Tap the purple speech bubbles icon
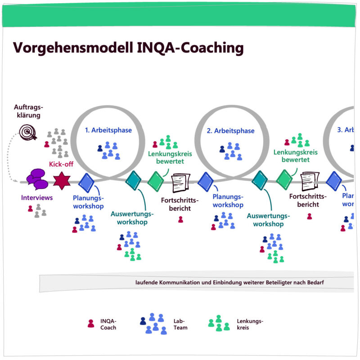pos(37,179)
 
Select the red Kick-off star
pos(62,181)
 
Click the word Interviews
pos(37,198)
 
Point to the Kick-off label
pos(61,165)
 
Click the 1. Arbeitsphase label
pos(108,130)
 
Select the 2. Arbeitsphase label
pos(230,131)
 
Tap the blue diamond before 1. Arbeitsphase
pos(86,183)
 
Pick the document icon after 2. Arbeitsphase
pos(310,181)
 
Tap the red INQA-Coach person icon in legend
pos(91,323)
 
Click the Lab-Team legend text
pos(180,324)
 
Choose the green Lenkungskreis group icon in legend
pos(219,324)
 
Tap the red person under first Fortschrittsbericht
pos(180,219)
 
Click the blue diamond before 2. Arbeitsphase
pos(205,182)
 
